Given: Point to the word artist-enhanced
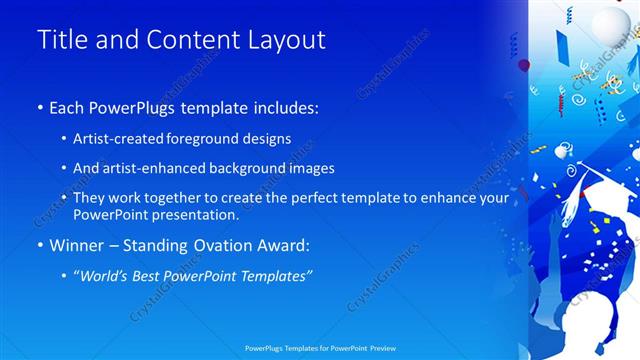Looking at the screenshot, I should tap(146, 169).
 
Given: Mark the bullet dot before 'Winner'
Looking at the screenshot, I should tap(39, 245).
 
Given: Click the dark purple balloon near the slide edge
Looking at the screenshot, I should tap(524, 65).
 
